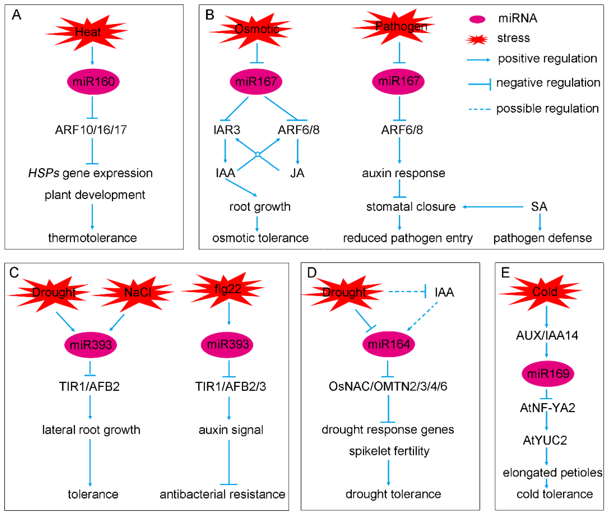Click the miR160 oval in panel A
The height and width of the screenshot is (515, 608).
(93, 81)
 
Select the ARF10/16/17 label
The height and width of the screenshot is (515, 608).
(91, 130)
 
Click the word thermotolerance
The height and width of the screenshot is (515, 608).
(92, 238)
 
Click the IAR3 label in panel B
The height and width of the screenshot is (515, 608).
(227, 130)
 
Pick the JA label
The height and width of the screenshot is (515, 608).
(297, 173)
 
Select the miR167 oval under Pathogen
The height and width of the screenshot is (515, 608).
(398, 81)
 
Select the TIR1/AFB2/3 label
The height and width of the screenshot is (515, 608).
(230, 386)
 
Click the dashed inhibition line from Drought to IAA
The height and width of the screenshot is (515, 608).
(407, 291)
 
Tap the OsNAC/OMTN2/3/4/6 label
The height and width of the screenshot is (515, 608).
(388, 386)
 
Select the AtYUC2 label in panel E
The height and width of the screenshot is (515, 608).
(545, 440)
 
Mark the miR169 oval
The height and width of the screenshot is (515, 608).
(548, 374)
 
